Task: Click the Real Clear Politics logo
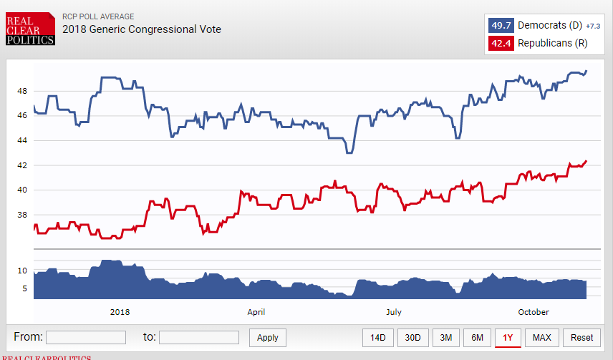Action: pyautogui.click(x=30, y=29)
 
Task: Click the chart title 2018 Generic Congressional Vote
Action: pyautogui.click(x=142, y=29)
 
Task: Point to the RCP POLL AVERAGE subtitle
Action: pyautogui.click(x=97, y=16)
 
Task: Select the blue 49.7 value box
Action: pyautogui.click(x=501, y=26)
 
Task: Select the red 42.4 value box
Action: pyautogui.click(x=501, y=44)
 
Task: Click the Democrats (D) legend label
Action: pyautogui.click(x=550, y=26)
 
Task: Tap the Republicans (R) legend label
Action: pyautogui.click(x=552, y=44)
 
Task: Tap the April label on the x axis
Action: pyautogui.click(x=256, y=312)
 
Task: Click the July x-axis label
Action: pyautogui.click(x=393, y=312)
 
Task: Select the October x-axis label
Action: pyautogui.click(x=534, y=312)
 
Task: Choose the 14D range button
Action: pyautogui.click(x=377, y=338)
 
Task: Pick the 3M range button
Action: pyautogui.click(x=445, y=338)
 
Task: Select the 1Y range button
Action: pyautogui.click(x=508, y=338)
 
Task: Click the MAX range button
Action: pyautogui.click(x=542, y=338)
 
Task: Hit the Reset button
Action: pyautogui.click(x=582, y=338)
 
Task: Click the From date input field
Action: pyautogui.click(x=86, y=337)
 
